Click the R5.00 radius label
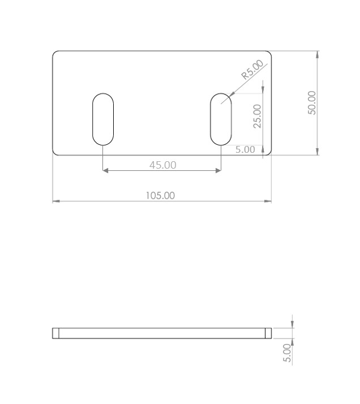coord(252,70)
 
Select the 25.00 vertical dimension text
coord(258,116)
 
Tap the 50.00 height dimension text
coord(312,103)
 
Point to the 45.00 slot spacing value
coord(162,165)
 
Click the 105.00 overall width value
coord(161,195)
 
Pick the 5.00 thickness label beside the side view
coord(287,353)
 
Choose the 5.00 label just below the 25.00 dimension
coord(245,149)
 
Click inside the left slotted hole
coord(103,119)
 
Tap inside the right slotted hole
coord(221,119)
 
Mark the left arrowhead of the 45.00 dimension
coord(105,170)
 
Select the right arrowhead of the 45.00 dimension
coord(218,170)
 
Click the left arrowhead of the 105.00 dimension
coord(55,201)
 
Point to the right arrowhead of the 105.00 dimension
coord(269,201)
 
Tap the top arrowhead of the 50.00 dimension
coord(318,54)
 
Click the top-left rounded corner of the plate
coord(54,53)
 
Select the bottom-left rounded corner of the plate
coord(54,153)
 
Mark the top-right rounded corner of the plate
coord(270,53)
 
